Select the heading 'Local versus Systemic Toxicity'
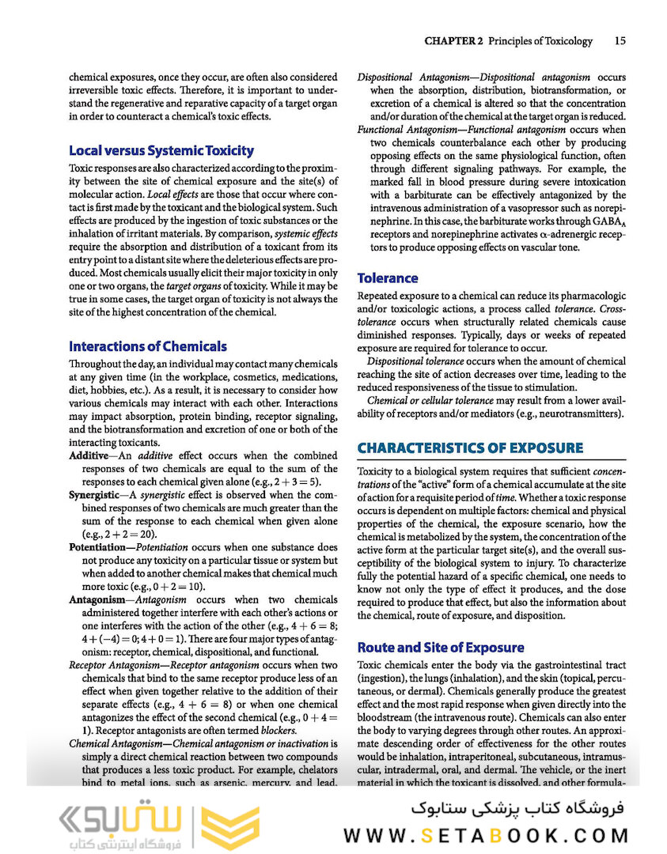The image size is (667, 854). [161, 150]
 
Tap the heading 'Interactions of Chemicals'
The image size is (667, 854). [148, 346]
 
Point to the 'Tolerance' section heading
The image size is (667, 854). [388, 278]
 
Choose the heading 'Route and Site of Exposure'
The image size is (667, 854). [440, 647]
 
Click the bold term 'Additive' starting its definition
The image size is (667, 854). [89, 457]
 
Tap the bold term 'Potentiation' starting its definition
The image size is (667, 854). [100, 547]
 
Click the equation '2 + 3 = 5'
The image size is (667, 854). [291, 482]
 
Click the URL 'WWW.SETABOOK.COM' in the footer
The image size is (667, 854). [486, 836]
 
